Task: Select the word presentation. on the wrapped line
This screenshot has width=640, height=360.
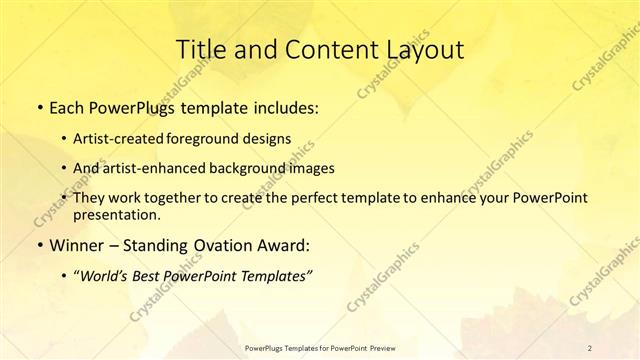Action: (x=116, y=214)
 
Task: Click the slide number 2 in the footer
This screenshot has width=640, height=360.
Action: (x=591, y=347)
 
